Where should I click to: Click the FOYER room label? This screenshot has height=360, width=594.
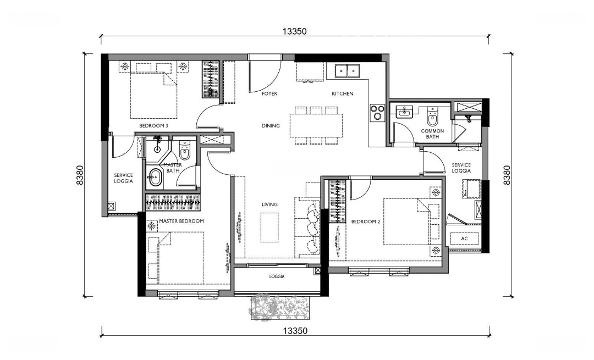tap(269, 93)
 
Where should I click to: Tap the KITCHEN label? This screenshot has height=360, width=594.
tap(343, 93)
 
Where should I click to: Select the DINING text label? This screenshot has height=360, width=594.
tap(271, 126)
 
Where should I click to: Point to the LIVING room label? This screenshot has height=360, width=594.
tap(269, 204)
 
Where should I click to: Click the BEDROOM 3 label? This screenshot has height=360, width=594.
tap(153, 126)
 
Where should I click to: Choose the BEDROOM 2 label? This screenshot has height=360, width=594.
tap(366, 221)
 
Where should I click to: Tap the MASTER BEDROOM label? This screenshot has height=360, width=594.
tap(182, 221)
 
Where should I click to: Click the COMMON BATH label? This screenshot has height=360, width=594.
tap(432, 134)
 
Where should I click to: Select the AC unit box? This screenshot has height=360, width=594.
tap(464, 239)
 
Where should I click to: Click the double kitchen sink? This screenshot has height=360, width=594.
tap(347, 71)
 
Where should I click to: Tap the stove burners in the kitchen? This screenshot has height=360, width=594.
tap(377, 113)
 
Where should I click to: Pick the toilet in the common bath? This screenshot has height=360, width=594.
tap(432, 116)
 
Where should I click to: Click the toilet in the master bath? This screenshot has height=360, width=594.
tap(184, 151)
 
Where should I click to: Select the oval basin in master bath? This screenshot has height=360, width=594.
tap(155, 177)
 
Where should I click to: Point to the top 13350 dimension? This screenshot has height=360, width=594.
tap(294, 31)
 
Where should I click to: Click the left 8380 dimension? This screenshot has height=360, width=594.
tap(80, 175)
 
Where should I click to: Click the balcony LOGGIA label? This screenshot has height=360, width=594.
tap(277, 276)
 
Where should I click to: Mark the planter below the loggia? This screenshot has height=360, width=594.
tap(280, 307)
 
